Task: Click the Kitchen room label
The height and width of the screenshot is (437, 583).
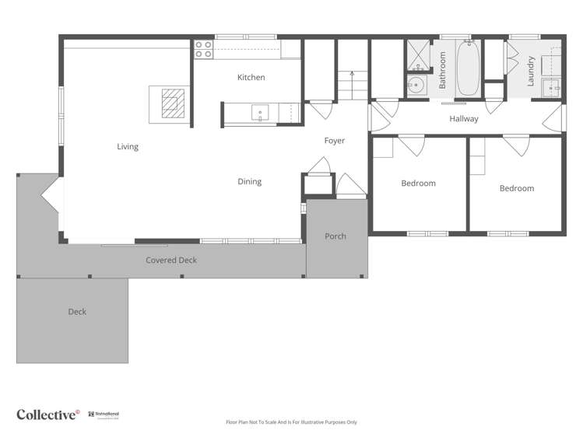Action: click(x=251, y=77)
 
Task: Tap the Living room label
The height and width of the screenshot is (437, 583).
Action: click(x=128, y=146)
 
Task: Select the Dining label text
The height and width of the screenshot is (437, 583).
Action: click(x=249, y=182)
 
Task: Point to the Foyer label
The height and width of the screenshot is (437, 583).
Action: click(x=334, y=141)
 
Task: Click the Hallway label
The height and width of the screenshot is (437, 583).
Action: click(x=464, y=119)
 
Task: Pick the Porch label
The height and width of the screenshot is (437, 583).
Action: click(x=335, y=236)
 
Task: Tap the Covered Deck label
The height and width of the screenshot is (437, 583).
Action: click(x=171, y=260)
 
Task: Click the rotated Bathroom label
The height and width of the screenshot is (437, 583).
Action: click(x=442, y=70)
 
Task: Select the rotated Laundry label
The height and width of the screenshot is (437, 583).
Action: click(x=531, y=71)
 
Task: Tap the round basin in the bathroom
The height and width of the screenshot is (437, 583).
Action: click(x=416, y=86)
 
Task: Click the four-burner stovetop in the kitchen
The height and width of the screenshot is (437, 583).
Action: click(x=203, y=50)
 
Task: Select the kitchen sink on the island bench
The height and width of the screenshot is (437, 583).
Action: click(x=260, y=114)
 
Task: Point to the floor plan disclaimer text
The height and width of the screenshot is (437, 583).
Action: click(x=291, y=422)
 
